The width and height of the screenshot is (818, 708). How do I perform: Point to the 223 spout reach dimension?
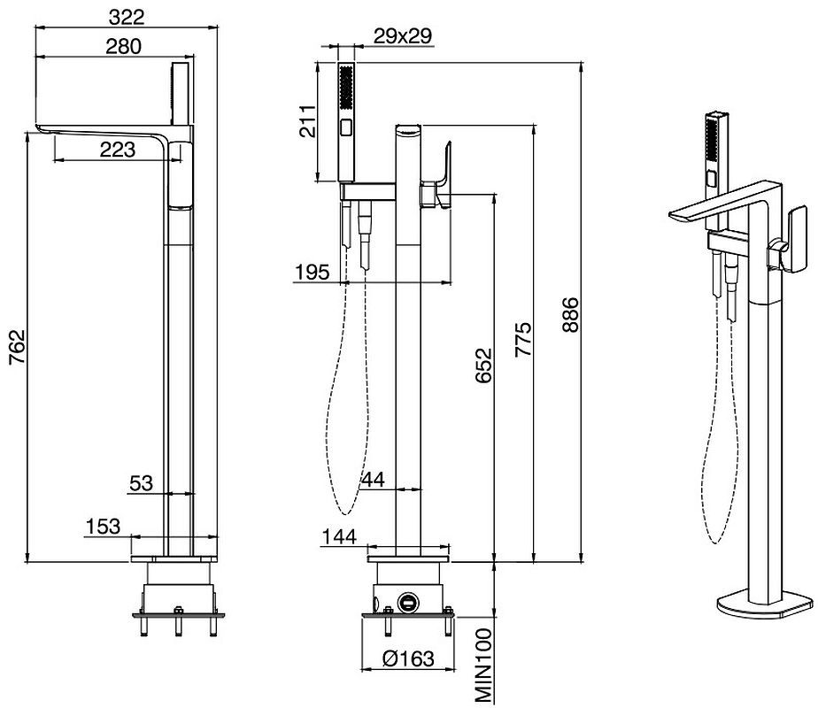pos(117,150)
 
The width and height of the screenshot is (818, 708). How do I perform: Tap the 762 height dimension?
pos(17,352)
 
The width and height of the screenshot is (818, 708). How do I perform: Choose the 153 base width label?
pos(103,527)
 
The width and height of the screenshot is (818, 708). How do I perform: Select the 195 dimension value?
pos(312,270)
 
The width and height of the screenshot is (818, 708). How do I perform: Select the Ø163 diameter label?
pos(408,659)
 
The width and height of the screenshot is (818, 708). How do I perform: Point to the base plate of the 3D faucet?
pos(763,606)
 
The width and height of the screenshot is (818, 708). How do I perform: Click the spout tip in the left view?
pos(39,132)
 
